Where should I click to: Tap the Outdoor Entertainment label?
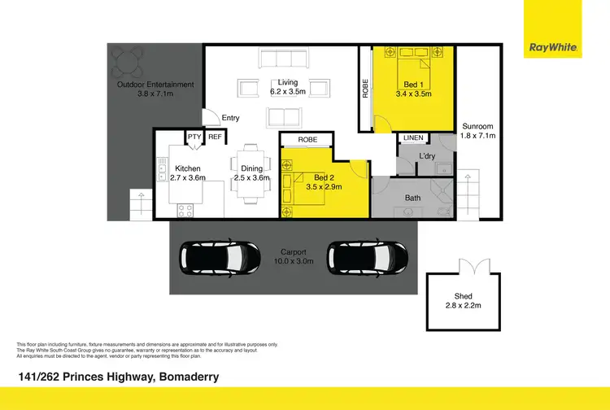155,85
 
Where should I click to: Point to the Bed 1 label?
413,85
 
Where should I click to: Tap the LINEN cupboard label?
413,139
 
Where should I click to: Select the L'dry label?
429,155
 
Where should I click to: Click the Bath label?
413,198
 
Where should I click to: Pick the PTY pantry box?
194,137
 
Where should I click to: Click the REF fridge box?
215,137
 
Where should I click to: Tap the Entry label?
230,118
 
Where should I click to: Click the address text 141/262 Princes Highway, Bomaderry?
118,377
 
